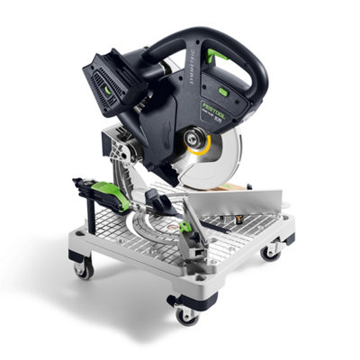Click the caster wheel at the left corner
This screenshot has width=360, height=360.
[x=83, y=266]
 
